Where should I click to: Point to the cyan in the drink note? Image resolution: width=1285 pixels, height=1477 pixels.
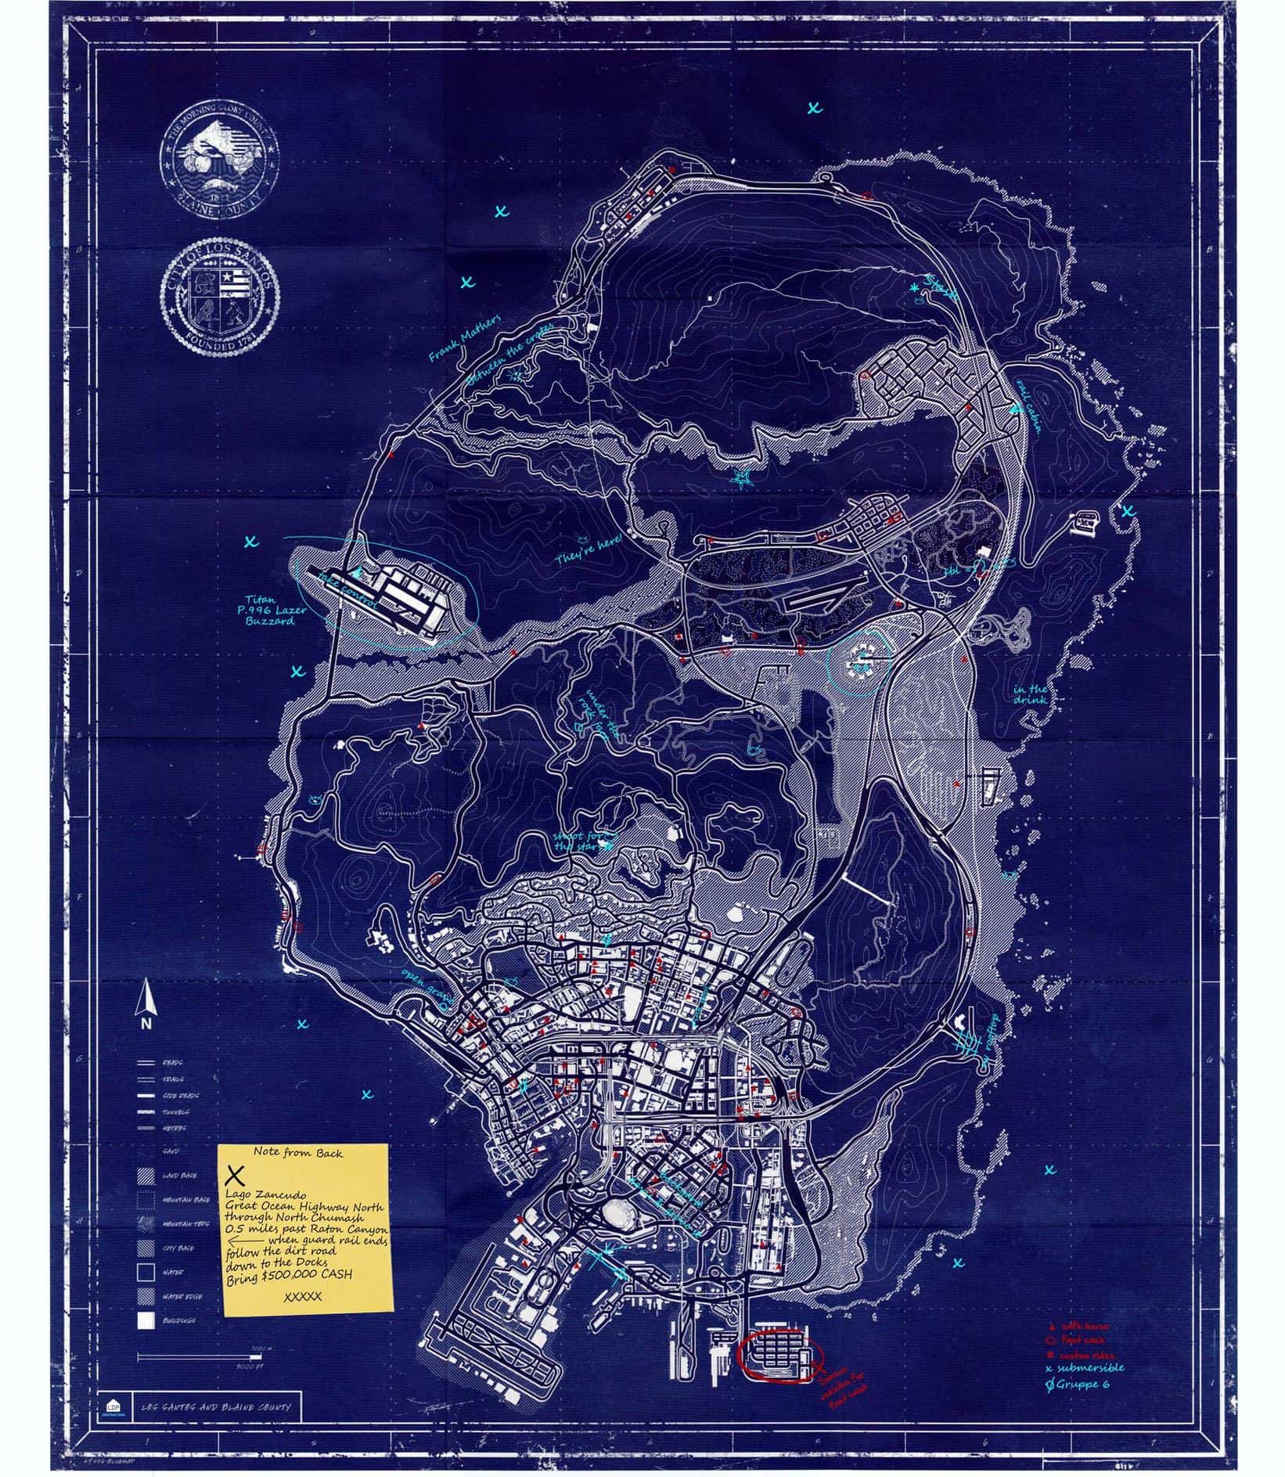(1028, 694)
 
